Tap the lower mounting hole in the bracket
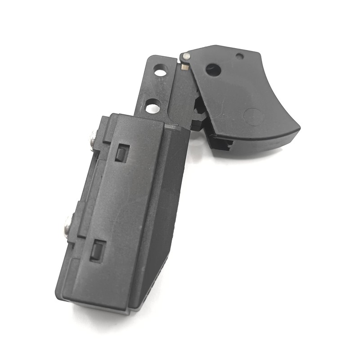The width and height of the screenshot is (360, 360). tap(153, 108)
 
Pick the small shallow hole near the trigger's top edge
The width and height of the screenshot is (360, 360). tap(240, 57)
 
